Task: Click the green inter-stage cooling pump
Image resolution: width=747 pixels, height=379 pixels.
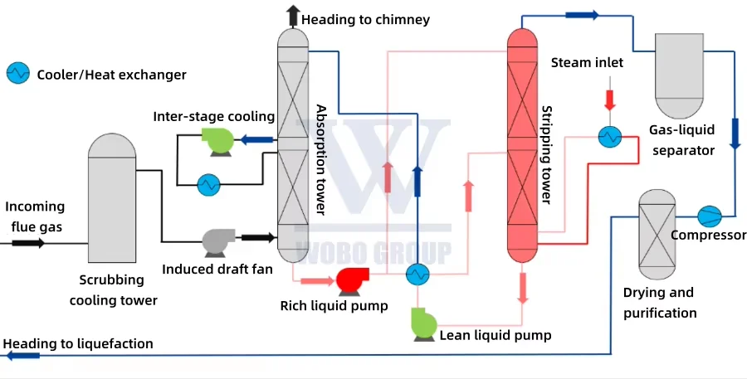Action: click(221, 140)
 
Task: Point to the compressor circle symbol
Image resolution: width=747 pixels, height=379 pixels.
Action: click(710, 216)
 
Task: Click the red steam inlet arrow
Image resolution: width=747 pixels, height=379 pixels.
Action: click(611, 100)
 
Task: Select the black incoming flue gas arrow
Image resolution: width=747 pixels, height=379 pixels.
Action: click(28, 243)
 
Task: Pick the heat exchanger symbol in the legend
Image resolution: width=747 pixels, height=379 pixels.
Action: click(17, 74)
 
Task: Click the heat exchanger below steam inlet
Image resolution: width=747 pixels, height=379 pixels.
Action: click(610, 137)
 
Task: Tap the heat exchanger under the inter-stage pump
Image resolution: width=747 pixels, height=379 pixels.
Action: click(208, 184)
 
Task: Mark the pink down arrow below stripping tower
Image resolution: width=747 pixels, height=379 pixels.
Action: click(524, 287)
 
